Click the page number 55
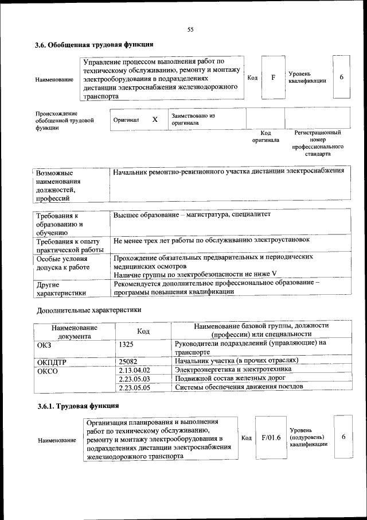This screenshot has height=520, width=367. (191, 30)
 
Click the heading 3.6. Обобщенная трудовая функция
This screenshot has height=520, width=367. (94, 44)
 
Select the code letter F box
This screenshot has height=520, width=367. (274, 77)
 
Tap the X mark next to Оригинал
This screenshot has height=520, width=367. (155, 120)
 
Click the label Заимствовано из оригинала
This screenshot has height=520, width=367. (193, 119)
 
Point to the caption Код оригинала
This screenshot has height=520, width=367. (266, 136)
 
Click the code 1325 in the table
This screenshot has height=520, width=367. (127, 344)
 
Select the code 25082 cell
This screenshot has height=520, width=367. (129, 361)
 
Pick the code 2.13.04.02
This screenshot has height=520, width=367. (134, 370)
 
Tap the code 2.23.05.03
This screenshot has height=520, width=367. (134, 379)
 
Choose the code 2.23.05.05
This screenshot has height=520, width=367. (134, 388)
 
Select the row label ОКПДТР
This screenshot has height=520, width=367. (52, 361)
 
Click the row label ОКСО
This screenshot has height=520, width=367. (48, 371)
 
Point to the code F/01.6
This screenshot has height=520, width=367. (270, 438)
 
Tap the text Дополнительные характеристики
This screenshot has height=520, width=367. (89, 310)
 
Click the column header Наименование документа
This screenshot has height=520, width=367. (74, 331)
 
